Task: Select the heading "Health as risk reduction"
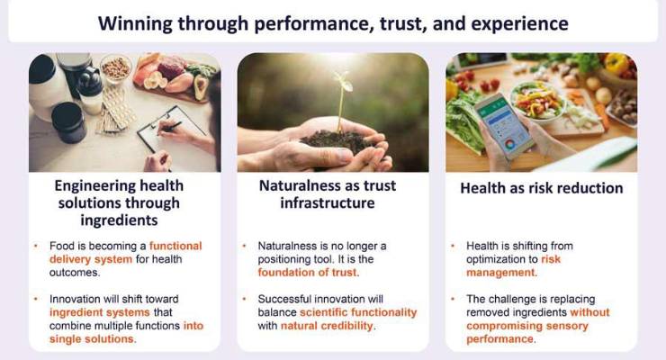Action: point(541,189)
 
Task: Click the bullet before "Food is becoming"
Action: point(35,245)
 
